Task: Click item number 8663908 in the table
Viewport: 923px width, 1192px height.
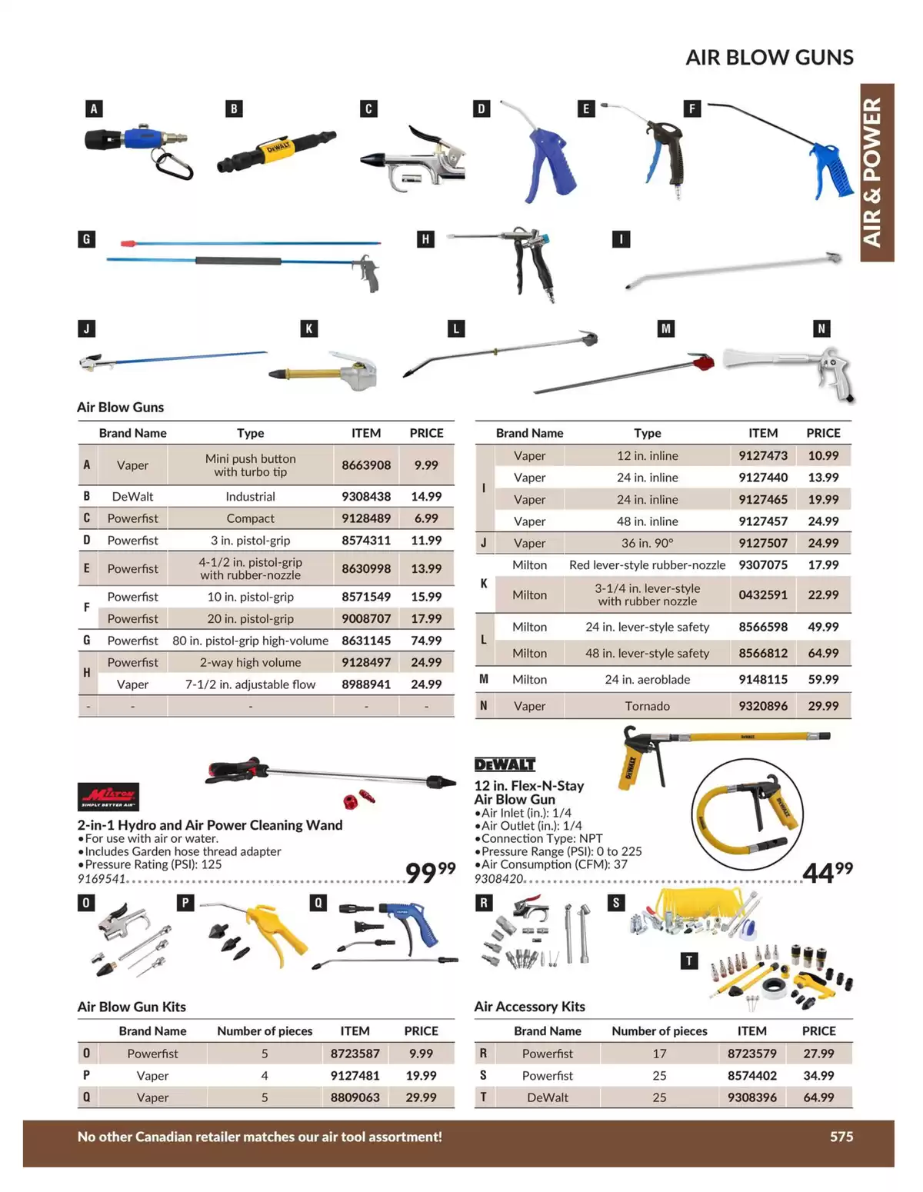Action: tap(366, 465)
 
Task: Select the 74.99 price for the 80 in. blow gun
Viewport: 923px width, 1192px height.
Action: tap(426, 640)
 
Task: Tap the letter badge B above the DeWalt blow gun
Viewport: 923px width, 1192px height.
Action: tap(234, 108)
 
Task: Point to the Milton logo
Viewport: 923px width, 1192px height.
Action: tap(108, 797)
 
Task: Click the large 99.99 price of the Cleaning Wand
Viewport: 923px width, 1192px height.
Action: tap(431, 871)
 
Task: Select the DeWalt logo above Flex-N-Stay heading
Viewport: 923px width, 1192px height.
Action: tap(505, 764)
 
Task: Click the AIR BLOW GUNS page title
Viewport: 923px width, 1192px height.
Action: tap(769, 57)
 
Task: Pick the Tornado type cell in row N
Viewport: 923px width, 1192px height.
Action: tap(647, 706)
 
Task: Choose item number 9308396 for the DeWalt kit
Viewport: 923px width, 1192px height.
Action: tap(752, 1097)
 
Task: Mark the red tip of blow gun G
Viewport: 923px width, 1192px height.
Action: tap(128, 242)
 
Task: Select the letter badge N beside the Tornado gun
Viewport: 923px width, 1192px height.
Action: tap(821, 328)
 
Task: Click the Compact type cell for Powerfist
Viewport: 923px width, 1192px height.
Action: tap(250, 518)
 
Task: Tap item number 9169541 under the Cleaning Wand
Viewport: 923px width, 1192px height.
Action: tap(102, 879)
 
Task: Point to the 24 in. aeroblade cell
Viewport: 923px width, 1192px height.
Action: tap(647, 680)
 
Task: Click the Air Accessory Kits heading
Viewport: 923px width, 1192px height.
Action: tap(529, 1007)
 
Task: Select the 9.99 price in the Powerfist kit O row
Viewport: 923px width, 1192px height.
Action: tap(421, 1054)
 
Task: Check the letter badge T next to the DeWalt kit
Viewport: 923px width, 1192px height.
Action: tap(689, 961)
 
